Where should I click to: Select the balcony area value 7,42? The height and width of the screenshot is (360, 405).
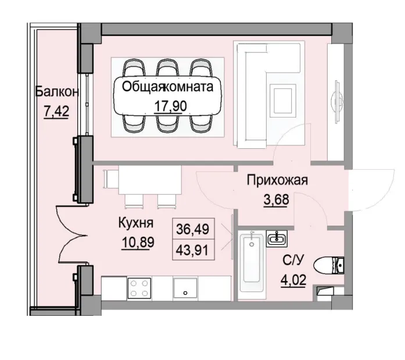pyautogui.click(x=56, y=111)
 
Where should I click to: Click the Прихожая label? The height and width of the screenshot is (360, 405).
pyautogui.click(x=277, y=180)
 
